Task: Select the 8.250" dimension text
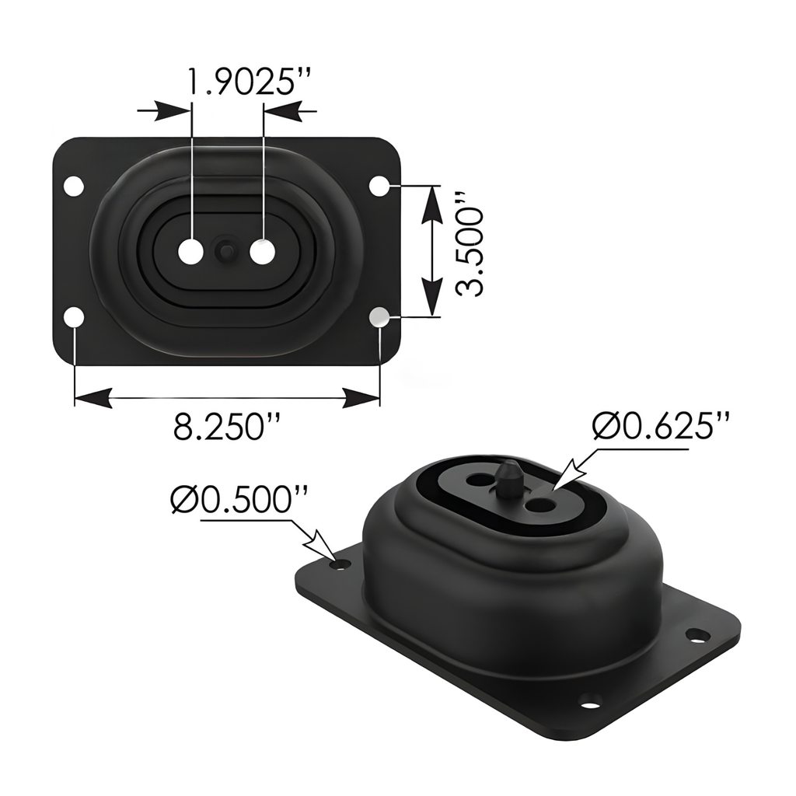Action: coord(226,428)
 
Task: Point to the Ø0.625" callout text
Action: coord(661,426)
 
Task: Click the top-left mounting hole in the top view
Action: coord(74,187)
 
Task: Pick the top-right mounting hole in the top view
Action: coord(379,187)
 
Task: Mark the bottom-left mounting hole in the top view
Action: coord(74,317)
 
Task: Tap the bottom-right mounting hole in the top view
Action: coord(379,317)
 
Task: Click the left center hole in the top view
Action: coord(191,252)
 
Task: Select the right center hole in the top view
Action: coord(262,252)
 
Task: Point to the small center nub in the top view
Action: coord(226,251)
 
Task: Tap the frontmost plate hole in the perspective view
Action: coord(591,705)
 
